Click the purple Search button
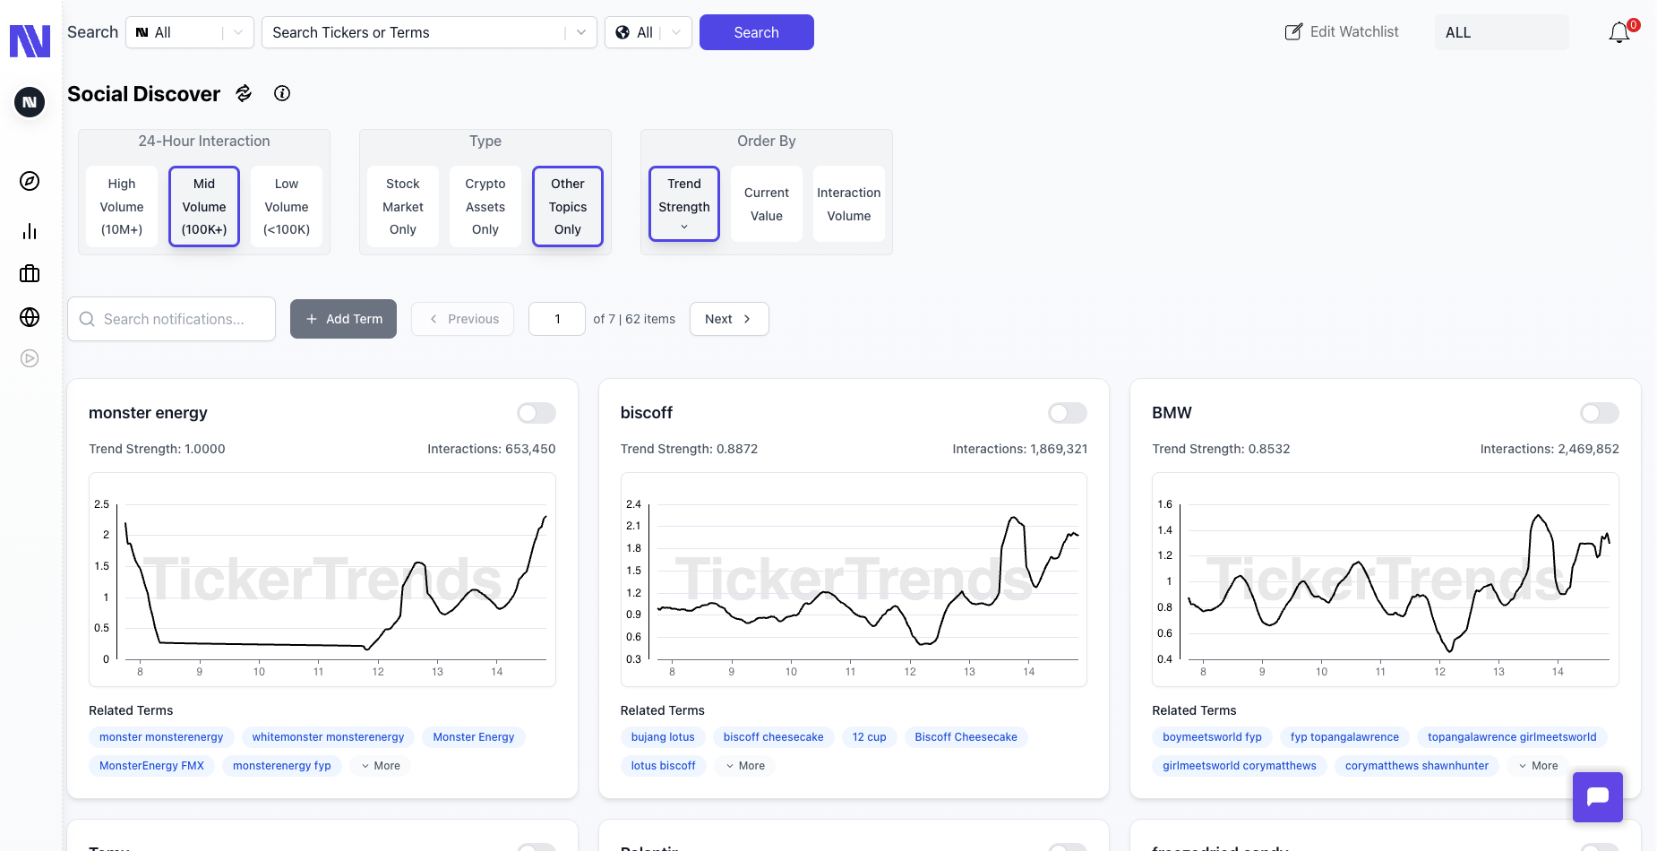756,32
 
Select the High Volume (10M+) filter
122,206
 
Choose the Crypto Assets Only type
485,206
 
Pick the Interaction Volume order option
848,204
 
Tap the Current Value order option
766,204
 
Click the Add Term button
343,319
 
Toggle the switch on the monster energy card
536,413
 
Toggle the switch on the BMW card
1599,413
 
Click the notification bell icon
1618,33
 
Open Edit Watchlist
1342,32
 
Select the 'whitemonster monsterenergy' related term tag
328,737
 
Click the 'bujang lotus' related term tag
662,737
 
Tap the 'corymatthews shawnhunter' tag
1416,766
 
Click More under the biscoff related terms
745,766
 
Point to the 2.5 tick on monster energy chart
102,504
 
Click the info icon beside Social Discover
282,93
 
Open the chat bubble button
1597,796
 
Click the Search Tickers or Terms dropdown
428,32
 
